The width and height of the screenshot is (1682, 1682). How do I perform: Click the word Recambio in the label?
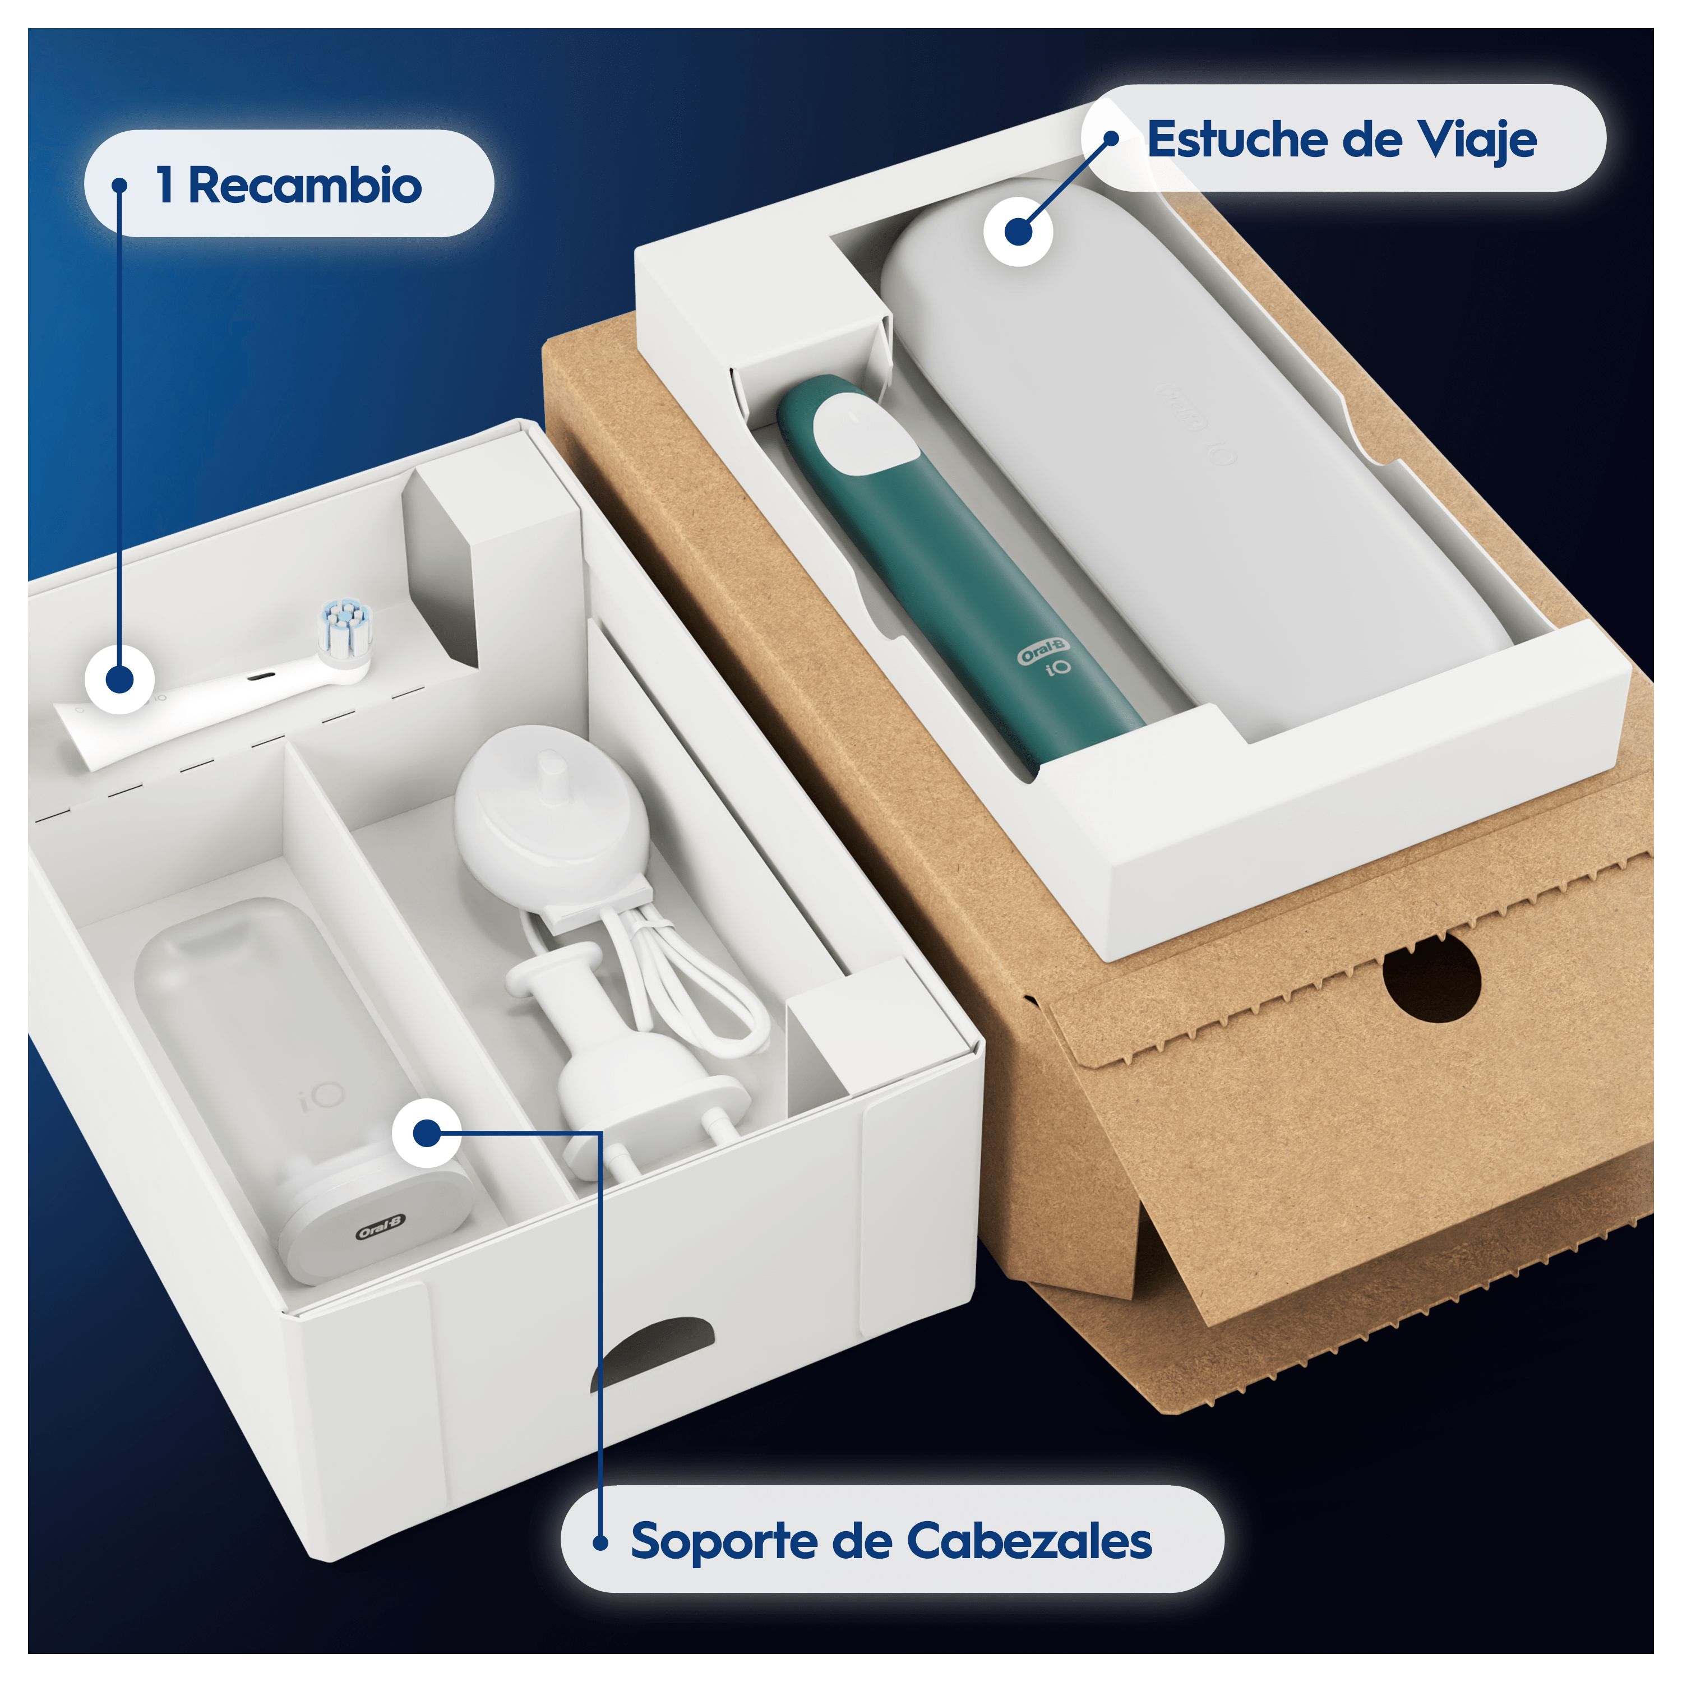304,186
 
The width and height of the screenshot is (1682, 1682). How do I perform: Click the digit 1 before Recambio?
164,186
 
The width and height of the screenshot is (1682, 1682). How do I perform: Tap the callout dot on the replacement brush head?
119,679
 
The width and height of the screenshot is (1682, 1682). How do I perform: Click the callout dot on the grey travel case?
1018,232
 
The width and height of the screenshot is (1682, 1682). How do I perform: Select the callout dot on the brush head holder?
427,1133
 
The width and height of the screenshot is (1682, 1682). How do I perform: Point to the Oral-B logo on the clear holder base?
381,1227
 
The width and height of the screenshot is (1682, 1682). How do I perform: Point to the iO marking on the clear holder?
322,1097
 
